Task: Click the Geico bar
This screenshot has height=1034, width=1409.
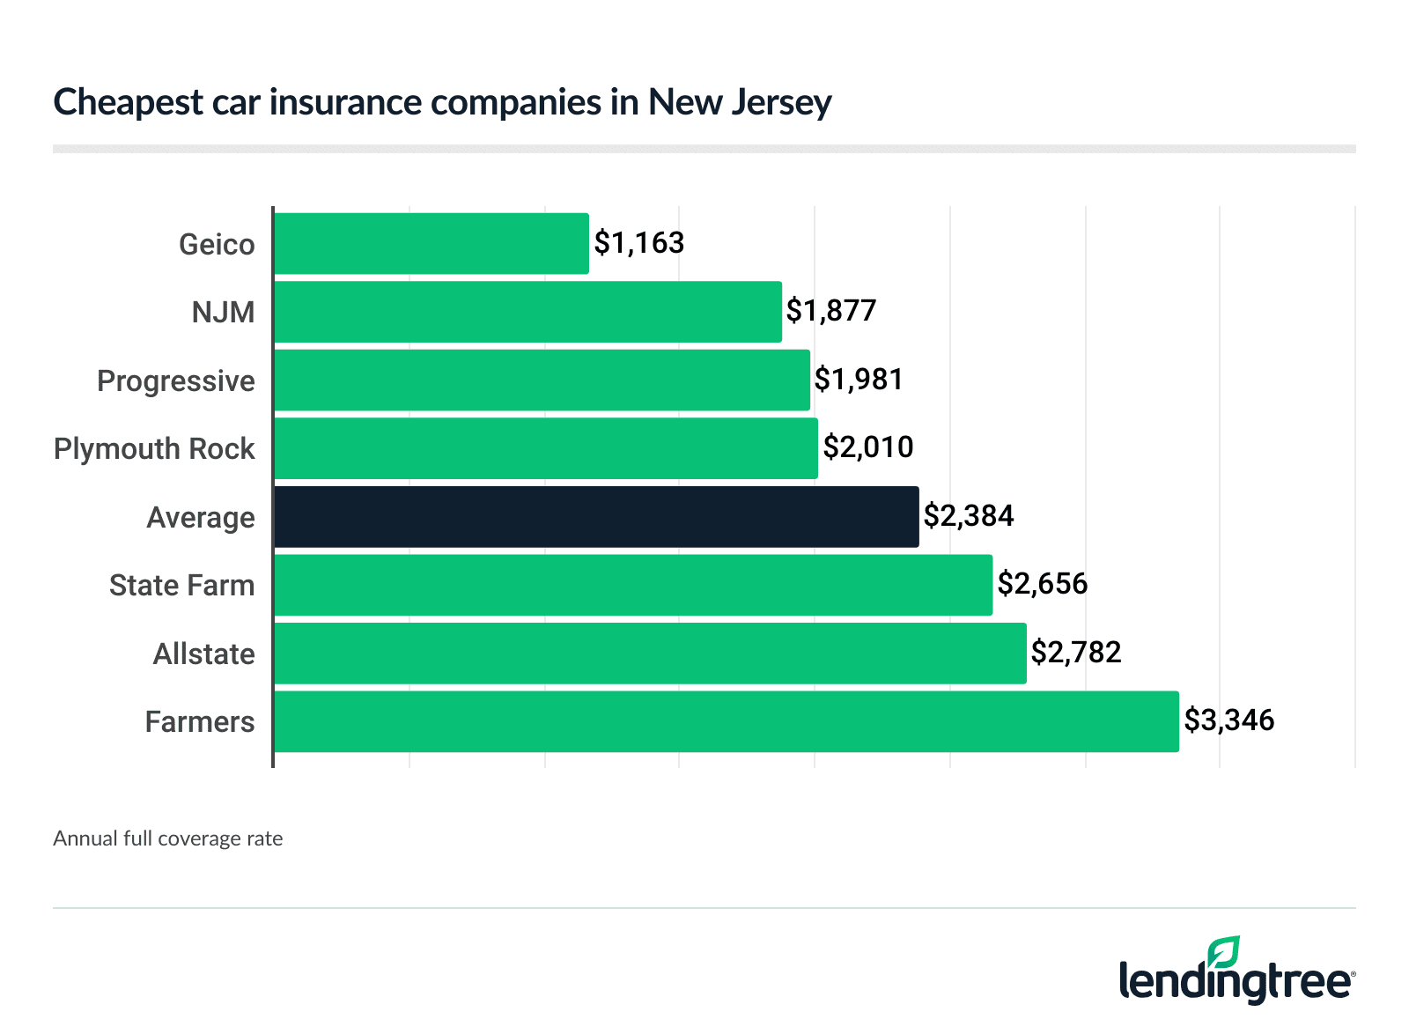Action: [x=431, y=243]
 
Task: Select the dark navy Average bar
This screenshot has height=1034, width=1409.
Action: [x=596, y=517]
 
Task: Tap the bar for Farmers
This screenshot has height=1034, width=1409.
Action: [x=726, y=721]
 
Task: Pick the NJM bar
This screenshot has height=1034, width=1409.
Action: [x=527, y=312]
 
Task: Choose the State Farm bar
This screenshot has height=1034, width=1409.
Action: [x=632, y=585]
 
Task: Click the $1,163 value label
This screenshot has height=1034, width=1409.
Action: [x=639, y=242]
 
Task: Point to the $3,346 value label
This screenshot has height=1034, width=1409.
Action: [x=1228, y=720]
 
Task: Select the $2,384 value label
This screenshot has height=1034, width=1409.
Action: [x=969, y=516]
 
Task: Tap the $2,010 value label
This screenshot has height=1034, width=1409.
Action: [x=868, y=447]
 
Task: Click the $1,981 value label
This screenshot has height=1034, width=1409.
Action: [x=859, y=380]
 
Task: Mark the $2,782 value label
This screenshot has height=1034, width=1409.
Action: [x=1076, y=653]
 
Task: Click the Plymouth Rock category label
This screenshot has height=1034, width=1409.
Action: [x=154, y=449]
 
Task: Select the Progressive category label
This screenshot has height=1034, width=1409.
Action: [x=175, y=381]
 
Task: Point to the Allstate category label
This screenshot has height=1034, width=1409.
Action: [x=203, y=654]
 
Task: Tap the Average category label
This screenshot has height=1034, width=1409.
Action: [x=200, y=518]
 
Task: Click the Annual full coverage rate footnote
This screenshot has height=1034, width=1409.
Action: [x=167, y=838]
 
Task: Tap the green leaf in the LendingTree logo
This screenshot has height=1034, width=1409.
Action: [x=1223, y=952]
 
